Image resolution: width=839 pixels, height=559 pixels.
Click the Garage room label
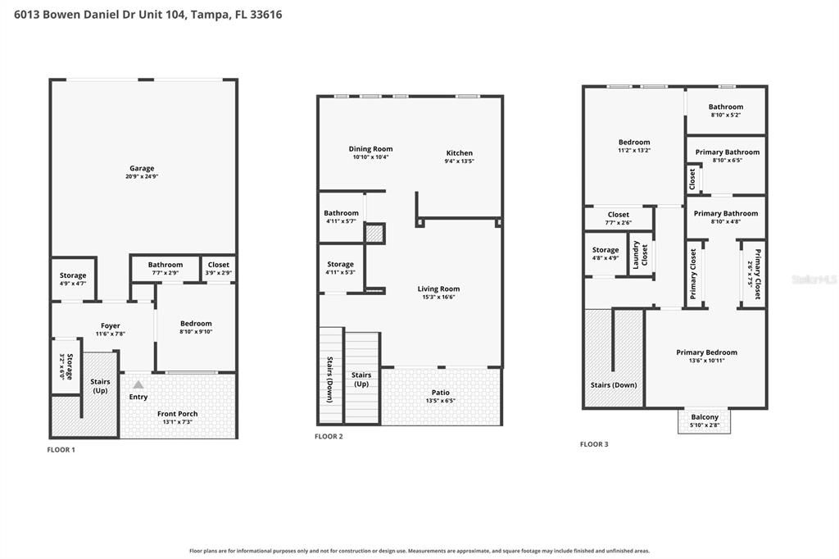[142, 168]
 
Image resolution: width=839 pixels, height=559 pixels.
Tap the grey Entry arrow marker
[138, 384]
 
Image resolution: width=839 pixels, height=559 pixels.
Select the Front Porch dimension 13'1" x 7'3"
[178, 422]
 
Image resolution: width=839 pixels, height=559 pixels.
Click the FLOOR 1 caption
[61, 450]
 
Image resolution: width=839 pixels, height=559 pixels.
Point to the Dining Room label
[371, 149]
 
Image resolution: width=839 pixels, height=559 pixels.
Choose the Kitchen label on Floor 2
[460, 152]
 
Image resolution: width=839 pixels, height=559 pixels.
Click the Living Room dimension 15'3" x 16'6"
[439, 298]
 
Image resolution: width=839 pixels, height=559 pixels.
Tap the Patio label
[441, 393]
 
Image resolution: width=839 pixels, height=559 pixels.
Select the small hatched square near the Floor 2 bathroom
[374, 234]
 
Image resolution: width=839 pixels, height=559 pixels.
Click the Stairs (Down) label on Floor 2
[330, 379]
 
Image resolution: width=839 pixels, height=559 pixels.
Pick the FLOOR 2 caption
[329, 436]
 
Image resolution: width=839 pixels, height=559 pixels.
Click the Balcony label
[705, 417]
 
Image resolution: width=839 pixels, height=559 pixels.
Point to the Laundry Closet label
[641, 255]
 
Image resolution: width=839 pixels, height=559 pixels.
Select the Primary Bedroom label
[707, 352]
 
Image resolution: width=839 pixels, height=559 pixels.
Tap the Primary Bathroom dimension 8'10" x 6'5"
[728, 160]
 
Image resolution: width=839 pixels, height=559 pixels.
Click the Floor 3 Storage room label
[605, 249]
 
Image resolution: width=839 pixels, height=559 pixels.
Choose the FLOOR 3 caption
[594, 444]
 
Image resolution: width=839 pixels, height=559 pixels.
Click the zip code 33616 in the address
[266, 15]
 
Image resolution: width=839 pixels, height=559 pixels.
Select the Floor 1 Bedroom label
[196, 324]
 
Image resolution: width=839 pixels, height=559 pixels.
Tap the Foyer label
[111, 325]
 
